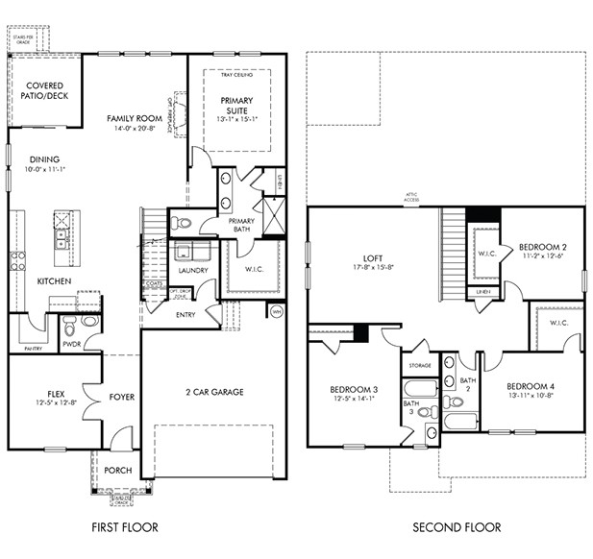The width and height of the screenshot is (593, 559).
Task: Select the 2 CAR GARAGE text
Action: pyautogui.click(x=213, y=392)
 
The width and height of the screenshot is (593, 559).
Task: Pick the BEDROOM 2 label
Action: pyautogui.click(x=540, y=245)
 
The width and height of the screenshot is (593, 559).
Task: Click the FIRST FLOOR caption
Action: pyautogui.click(x=125, y=527)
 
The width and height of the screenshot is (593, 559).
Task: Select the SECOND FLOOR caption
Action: pyautogui.click(x=457, y=527)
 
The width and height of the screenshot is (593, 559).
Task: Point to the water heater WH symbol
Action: pyautogui.click(x=276, y=312)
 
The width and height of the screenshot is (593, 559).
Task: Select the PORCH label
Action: pyautogui.click(x=119, y=471)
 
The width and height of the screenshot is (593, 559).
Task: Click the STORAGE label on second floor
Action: pyautogui.click(x=419, y=366)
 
